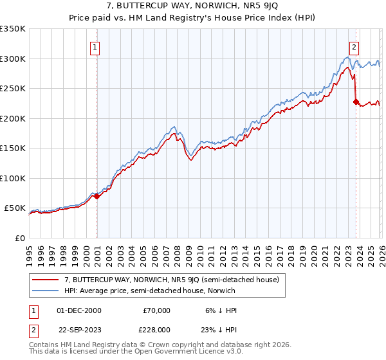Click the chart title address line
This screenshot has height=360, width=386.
pos(193,6)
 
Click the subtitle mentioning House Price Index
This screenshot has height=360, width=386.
pos(193,17)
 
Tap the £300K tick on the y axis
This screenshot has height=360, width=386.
pos(13,59)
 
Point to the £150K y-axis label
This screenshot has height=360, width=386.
pos(13,148)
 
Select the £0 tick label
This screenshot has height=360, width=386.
pos(19,238)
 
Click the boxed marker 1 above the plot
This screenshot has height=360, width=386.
pos(95,46)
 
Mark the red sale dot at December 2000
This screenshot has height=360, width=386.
pos(96,196)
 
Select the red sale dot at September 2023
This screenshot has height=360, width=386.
pos(356,102)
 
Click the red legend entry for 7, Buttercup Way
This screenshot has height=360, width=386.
pos(171,280)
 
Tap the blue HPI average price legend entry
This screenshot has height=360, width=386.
pos(149,291)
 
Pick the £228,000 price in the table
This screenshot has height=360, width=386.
pos(156,328)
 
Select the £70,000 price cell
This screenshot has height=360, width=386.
pos(156,310)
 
